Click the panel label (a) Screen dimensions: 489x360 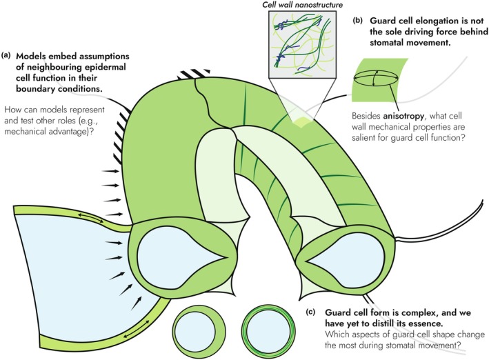(x=6, y=56)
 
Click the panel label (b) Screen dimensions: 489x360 (x=357, y=21)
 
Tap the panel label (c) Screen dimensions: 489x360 (x=310, y=312)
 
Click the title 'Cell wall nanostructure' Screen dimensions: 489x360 (x=302, y=5)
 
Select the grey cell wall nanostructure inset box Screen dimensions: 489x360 (x=302, y=44)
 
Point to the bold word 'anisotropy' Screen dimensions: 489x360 (x=404, y=117)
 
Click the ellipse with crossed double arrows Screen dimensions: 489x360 (x=376, y=78)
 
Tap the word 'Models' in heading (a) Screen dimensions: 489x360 (x=31, y=57)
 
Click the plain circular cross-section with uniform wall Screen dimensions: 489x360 (x=195, y=332)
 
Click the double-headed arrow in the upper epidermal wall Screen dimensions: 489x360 (x=90, y=217)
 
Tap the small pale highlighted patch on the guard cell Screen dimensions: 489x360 (x=300, y=121)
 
